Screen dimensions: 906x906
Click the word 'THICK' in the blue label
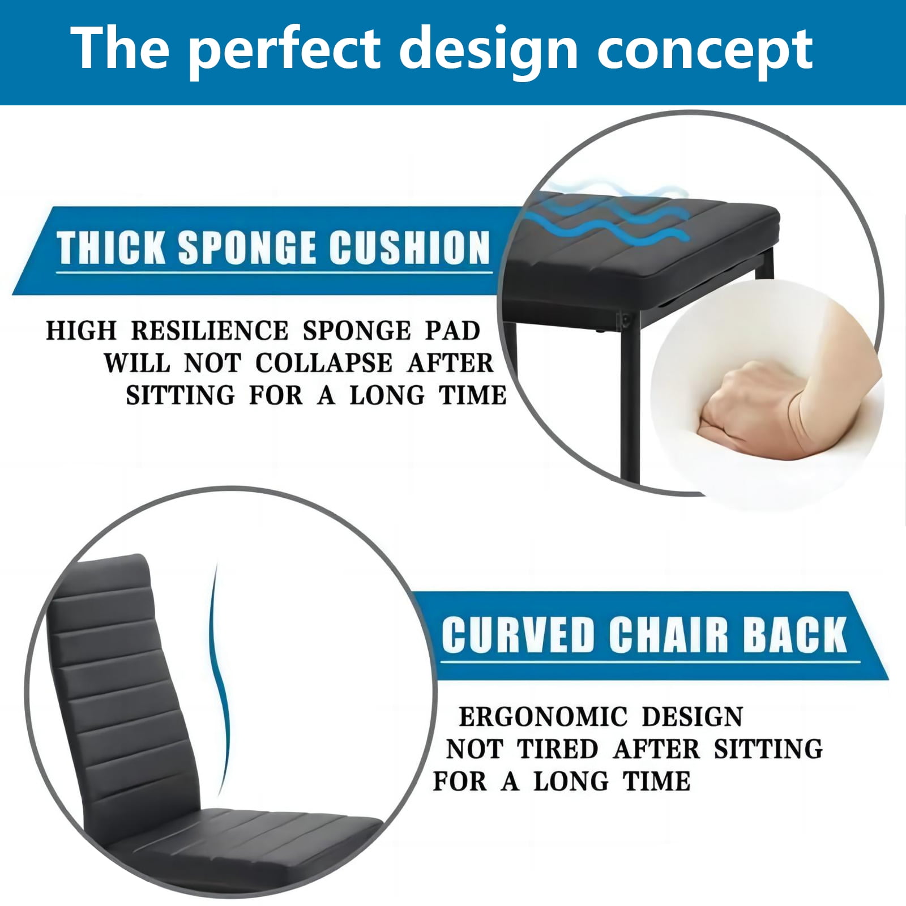point(110,247)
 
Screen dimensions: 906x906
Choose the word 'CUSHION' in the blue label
point(410,247)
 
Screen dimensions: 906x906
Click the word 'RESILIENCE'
point(210,331)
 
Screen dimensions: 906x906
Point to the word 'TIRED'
point(558,749)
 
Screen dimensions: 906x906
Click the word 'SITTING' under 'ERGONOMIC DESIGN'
point(768,749)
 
